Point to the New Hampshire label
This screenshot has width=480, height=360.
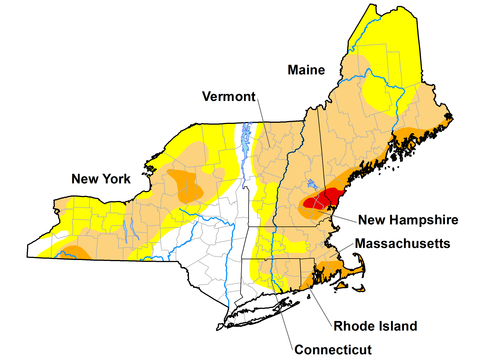click(408, 219)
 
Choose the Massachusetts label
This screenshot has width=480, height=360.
click(405, 244)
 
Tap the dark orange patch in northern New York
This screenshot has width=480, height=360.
click(186, 185)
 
